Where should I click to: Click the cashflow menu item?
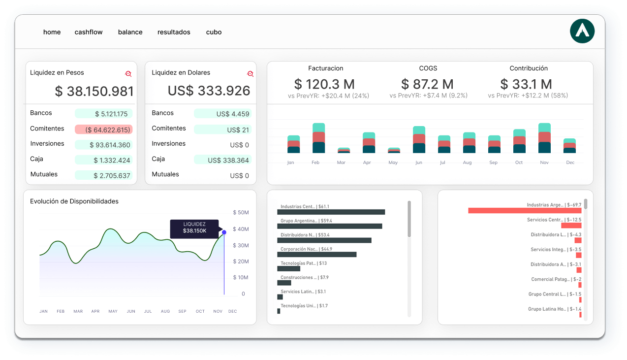(89, 32)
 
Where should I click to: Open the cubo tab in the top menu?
(214, 32)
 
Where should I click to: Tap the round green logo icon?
(582, 32)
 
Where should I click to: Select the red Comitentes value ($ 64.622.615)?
(103, 130)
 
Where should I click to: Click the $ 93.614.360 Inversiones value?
(104, 145)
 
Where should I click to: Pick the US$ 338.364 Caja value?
(222, 160)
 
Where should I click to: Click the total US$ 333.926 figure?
(209, 91)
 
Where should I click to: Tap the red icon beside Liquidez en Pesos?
(128, 73)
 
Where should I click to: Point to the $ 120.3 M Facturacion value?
(324, 84)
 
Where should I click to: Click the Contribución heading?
(529, 68)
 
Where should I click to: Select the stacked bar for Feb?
(318, 138)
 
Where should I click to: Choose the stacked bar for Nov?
(544, 138)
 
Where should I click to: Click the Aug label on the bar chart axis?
(467, 163)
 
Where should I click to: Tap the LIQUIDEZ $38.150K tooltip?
(194, 228)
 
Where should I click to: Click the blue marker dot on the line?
(224, 232)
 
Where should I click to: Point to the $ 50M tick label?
(241, 213)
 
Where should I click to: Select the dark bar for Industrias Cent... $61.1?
(331, 212)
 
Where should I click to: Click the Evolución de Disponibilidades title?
(74, 201)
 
